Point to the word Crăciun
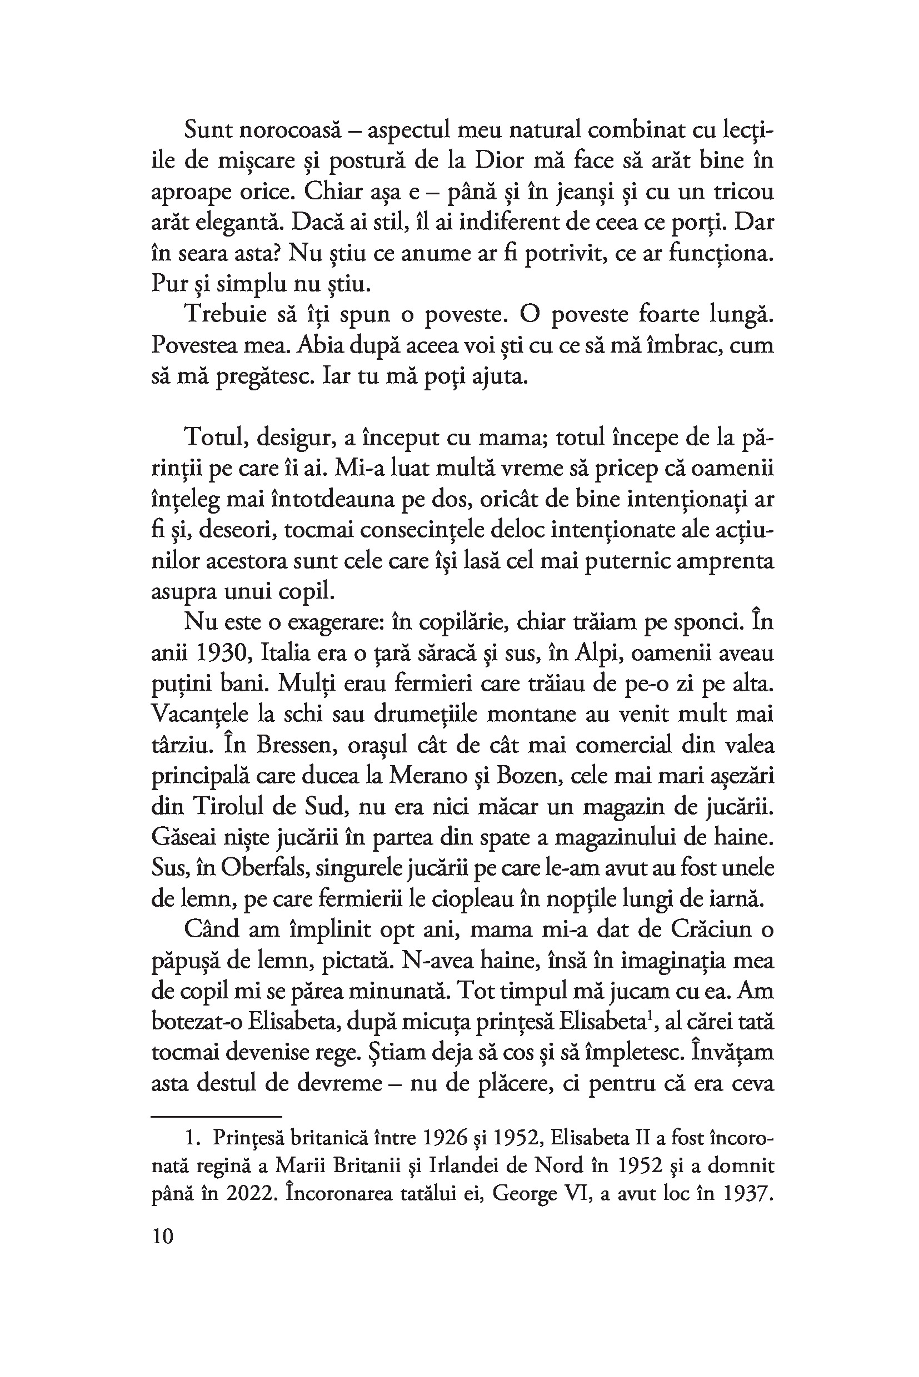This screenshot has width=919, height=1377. tap(709, 929)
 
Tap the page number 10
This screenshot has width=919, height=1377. tap(162, 1237)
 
